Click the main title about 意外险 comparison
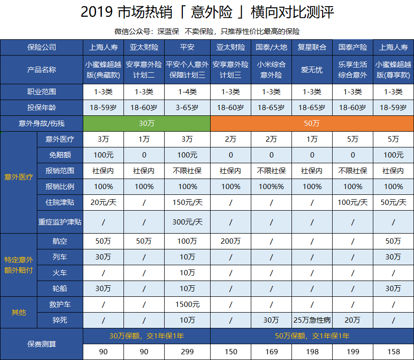pyautogui.click(x=207, y=12)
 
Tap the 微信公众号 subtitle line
pyautogui.click(x=207, y=32)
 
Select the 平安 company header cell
pyautogui.click(x=187, y=47)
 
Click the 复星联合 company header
pyautogui.click(x=312, y=47)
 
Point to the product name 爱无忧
pyautogui.click(x=312, y=70)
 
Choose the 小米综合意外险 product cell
pyautogui.click(x=271, y=70)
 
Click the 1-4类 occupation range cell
pyautogui.click(x=187, y=91)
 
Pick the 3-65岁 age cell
pyautogui.click(x=187, y=107)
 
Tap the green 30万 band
pyautogui.click(x=146, y=124)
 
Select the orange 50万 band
pyautogui.click(x=312, y=124)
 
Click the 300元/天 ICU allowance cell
pyautogui.click(x=187, y=222)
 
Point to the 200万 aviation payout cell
pyautogui.click(x=231, y=241)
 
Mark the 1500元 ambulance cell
pyautogui.click(x=187, y=304)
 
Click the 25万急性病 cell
pyautogui.click(x=312, y=320)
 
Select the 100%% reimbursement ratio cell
pyautogui.click(x=271, y=186)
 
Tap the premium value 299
pyautogui.click(x=187, y=352)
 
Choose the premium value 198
pyautogui.click(x=312, y=352)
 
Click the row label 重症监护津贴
pyautogui.click(x=60, y=222)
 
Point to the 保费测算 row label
pyautogui.click(x=42, y=344)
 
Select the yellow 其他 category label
pyautogui.click(x=19, y=312)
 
